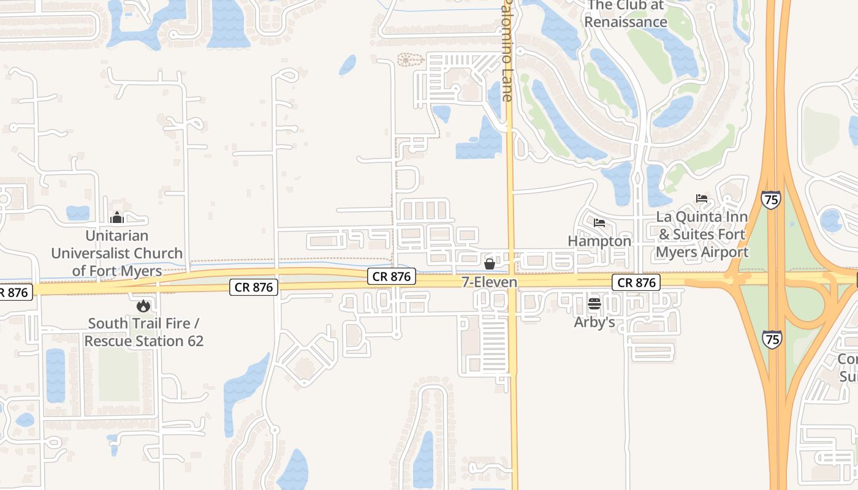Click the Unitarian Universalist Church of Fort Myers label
(x=116, y=253)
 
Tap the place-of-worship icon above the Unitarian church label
(x=116, y=217)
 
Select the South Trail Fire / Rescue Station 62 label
(x=143, y=332)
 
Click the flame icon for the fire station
(x=143, y=305)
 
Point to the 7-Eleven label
(x=490, y=282)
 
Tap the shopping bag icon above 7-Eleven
(x=490, y=264)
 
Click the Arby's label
(x=594, y=322)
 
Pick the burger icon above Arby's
(x=594, y=303)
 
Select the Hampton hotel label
(x=599, y=241)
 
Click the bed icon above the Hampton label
(x=599, y=223)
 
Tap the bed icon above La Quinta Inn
(x=702, y=198)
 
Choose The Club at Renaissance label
(x=625, y=14)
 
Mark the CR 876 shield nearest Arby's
(x=636, y=282)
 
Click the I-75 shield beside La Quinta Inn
(x=771, y=200)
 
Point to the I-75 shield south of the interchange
(x=772, y=339)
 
